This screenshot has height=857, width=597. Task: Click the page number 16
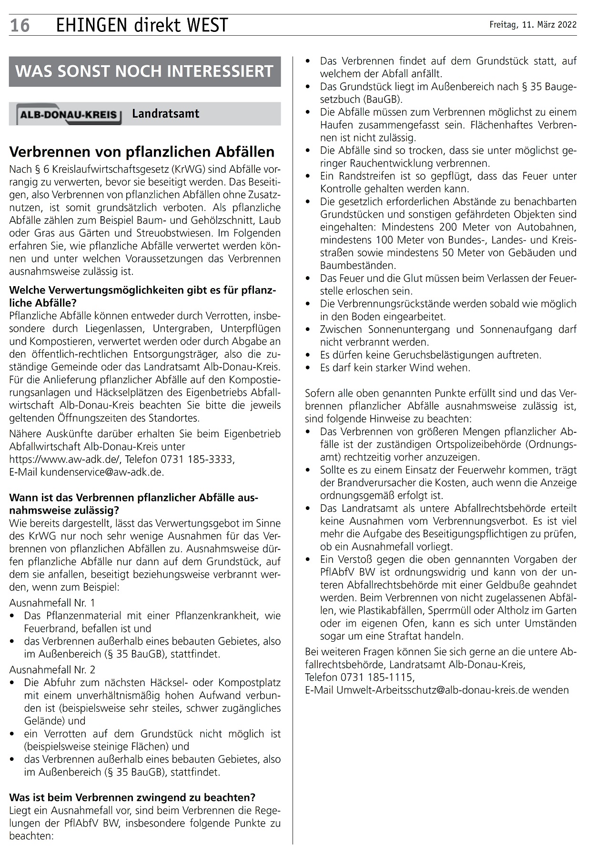(20, 25)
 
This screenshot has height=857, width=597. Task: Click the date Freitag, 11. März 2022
(533, 25)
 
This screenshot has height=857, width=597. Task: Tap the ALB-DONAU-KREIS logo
(69, 115)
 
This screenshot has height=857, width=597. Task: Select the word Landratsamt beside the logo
(165, 114)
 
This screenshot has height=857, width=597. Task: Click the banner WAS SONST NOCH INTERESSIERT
(144, 71)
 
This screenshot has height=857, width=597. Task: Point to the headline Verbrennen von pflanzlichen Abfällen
(142, 152)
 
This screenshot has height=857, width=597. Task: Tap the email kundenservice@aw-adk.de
(102, 472)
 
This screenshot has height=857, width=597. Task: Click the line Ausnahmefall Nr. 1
(52, 602)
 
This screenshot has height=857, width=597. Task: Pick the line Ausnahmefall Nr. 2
(52, 670)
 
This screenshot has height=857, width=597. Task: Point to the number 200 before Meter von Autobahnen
(448, 227)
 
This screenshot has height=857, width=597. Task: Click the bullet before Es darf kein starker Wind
(310, 368)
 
